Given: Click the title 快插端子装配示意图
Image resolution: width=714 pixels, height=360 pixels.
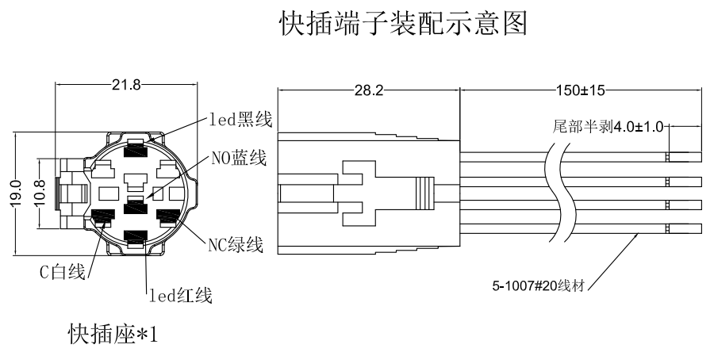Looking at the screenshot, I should point(403,25).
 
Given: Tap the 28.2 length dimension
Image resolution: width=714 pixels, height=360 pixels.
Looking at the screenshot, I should point(367,91).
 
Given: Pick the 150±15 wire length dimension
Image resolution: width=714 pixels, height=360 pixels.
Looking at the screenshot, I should point(578,91).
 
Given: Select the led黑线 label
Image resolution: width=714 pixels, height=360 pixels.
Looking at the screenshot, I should point(241,120).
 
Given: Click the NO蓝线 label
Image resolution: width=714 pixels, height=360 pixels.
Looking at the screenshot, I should point(238,158).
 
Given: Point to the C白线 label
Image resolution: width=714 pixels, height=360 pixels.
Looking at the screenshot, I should point(63,273).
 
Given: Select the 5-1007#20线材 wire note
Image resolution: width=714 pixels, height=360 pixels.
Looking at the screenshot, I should point(539,286).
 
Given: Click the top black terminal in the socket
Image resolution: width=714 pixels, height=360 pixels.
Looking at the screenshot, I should point(136,148).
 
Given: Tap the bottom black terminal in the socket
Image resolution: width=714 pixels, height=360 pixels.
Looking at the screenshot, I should point(136,237).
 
